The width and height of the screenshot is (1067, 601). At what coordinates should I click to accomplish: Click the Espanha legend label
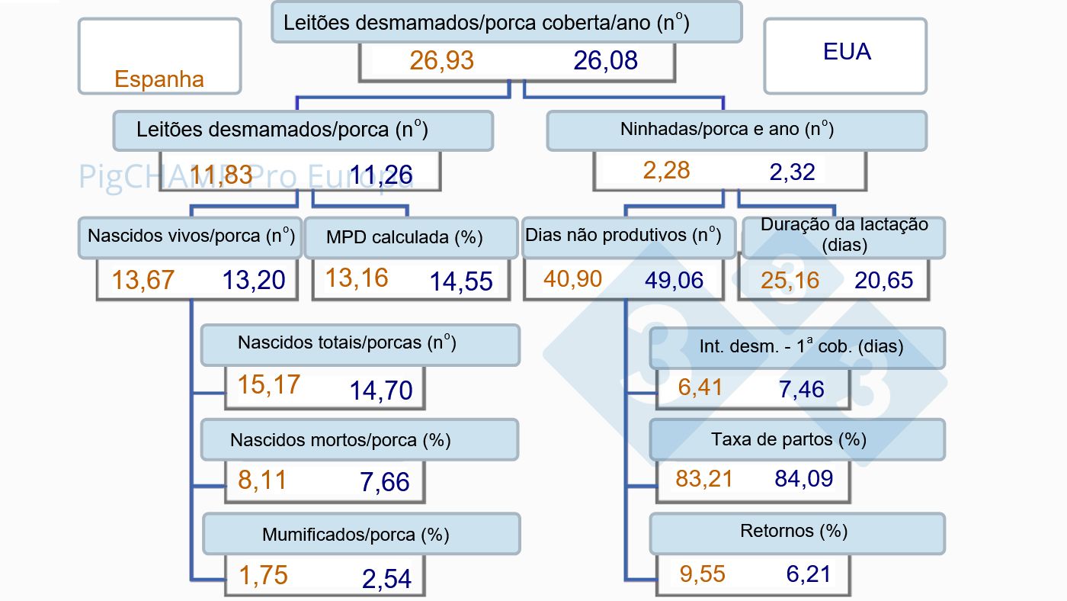click(x=159, y=79)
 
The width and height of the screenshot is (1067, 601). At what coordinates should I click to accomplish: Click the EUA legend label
click(x=847, y=52)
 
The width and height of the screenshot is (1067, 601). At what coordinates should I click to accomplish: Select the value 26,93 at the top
click(x=442, y=60)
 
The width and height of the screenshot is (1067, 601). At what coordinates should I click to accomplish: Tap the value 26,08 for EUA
click(x=606, y=60)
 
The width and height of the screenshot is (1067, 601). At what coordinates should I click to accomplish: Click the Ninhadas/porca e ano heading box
click(x=736, y=130)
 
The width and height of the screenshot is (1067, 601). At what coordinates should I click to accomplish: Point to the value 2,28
click(x=666, y=170)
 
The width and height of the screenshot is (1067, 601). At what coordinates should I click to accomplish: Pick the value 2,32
click(x=792, y=172)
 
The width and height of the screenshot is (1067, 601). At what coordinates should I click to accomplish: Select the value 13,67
click(x=143, y=280)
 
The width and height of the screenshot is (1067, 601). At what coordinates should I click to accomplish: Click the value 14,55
click(x=461, y=281)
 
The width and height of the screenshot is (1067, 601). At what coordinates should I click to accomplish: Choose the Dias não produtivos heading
click(x=623, y=235)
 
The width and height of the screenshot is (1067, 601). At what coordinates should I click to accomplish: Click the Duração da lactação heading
click(x=844, y=235)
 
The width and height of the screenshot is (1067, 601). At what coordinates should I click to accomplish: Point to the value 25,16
click(x=790, y=280)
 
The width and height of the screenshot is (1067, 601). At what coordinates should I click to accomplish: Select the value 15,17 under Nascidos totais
click(x=268, y=384)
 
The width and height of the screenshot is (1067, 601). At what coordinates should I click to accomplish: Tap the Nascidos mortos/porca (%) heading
click(x=340, y=440)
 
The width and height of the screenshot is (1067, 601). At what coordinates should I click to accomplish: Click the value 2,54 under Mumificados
click(x=386, y=578)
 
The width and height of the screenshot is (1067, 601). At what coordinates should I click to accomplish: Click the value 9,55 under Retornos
click(x=701, y=573)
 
